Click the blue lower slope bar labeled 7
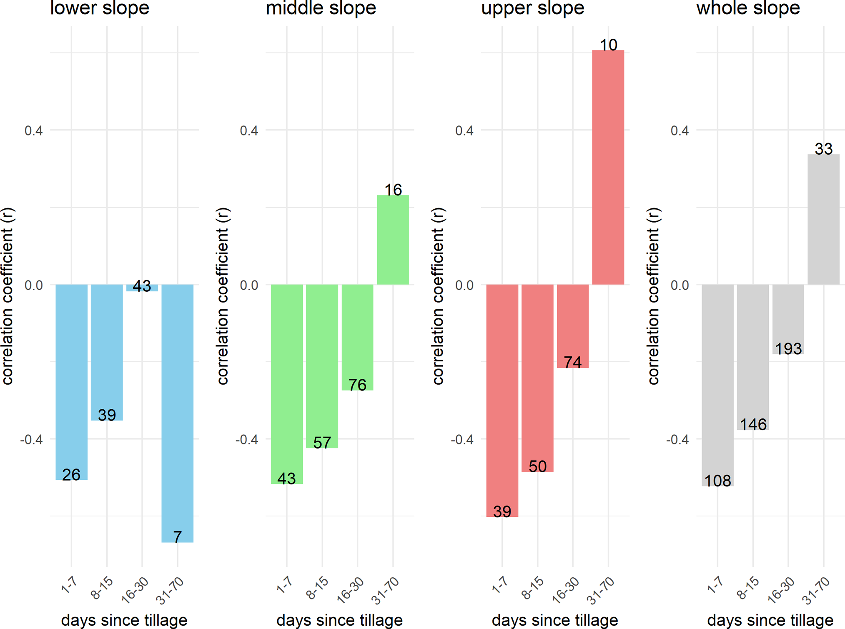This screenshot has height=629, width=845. click(178, 413)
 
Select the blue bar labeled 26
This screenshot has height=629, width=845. click(71, 381)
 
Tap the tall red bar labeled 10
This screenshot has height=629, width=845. click(608, 167)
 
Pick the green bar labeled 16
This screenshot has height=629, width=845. click(393, 240)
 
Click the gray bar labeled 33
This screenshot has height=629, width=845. click(823, 219)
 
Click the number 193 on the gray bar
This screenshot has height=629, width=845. click(788, 348)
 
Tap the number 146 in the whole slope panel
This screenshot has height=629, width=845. click(753, 424)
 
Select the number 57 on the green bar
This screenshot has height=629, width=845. click(322, 442)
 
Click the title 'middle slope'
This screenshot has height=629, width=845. click(321, 8)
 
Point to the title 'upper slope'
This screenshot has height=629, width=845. click(533, 8)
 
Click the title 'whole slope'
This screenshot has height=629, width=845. click(748, 8)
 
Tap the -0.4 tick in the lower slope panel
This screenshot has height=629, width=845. click(31, 439)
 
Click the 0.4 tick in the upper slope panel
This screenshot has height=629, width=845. click(464, 130)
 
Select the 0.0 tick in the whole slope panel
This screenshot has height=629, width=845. click(680, 285)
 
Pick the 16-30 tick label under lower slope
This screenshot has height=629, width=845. click(135, 590)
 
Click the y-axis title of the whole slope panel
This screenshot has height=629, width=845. click(653, 296)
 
